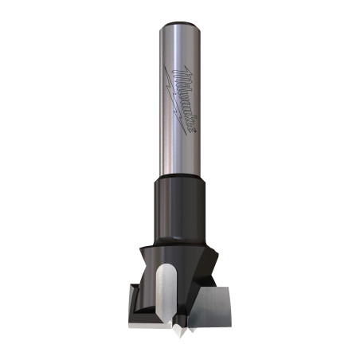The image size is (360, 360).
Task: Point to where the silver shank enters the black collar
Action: [180, 176]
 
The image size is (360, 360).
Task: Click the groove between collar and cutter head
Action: [180, 229]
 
